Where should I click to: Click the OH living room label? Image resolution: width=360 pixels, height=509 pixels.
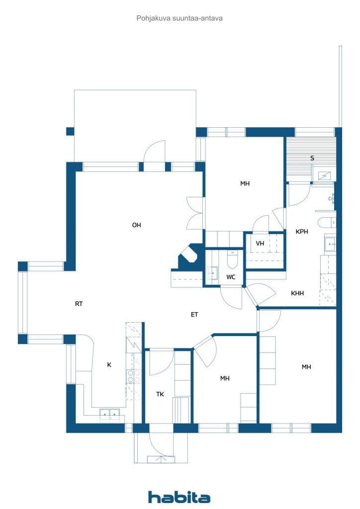click(136, 225)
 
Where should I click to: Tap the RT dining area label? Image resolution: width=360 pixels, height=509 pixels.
click(79, 304)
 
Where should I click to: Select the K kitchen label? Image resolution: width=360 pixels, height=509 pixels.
click(109, 365)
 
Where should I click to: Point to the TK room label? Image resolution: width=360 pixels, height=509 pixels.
click(160, 394)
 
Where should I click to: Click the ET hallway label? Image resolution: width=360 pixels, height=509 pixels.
click(194, 315)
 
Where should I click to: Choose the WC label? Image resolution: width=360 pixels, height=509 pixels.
click(231, 277)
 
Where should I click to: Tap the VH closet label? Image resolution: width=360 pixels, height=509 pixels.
click(260, 244)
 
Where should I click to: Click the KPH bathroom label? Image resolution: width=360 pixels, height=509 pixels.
click(302, 232)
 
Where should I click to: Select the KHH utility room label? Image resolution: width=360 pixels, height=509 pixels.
click(297, 293)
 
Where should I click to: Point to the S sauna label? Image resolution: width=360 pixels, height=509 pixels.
click(312, 158)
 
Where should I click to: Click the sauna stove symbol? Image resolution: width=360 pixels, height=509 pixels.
click(325, 175)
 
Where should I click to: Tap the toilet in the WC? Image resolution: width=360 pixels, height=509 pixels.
click(232, 259)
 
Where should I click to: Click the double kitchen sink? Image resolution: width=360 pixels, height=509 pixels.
click(110, 415)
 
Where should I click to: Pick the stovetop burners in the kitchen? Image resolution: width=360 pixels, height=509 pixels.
click(134, 376)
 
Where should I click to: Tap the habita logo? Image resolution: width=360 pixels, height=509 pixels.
click(179, 497)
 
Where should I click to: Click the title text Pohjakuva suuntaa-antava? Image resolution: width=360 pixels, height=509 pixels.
click(180, 18)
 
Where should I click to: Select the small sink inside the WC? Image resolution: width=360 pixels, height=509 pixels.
click(213, 273)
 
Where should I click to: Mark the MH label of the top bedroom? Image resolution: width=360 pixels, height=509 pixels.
click(245, 183)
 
